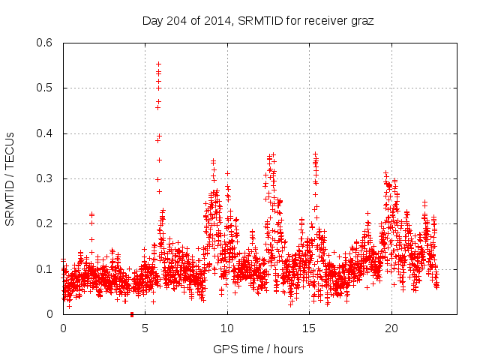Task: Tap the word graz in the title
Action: [x=361, y=20]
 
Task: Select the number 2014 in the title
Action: [x=217, y=20]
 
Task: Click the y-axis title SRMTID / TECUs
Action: [x=10, y=178]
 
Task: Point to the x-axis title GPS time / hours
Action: [x=259, y=349]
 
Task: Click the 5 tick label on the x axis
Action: [x=145, y=328]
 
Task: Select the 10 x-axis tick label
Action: [x=227, y=328]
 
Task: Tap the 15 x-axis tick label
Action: [x=309, y=328]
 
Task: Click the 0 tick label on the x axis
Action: [x=63, y=328]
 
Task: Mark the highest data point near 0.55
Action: [x=158, y=64]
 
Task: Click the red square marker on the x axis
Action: [x=132, y=314]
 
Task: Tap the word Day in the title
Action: [x=152, y=20]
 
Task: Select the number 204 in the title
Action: [x=176, y=20]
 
